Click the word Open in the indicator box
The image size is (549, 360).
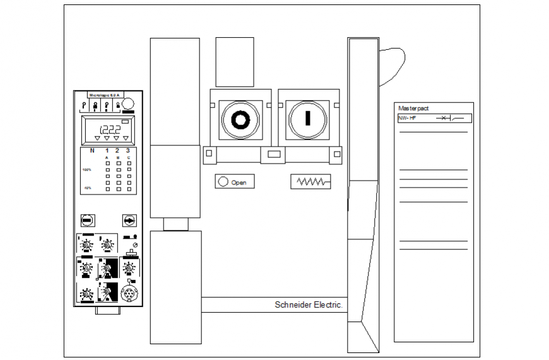pos(239,182)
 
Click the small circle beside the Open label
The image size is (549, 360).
pos(223,182)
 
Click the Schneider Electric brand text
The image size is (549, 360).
pos(309,304)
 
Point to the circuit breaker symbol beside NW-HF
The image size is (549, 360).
pos(449,118)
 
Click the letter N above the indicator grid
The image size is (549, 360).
pos(92,150)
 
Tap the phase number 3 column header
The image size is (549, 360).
pos(128,150)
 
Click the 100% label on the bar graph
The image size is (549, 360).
pos(86,170)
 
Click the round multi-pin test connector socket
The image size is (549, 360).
pos(128,294)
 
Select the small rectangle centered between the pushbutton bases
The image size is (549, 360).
pos(274,154)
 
